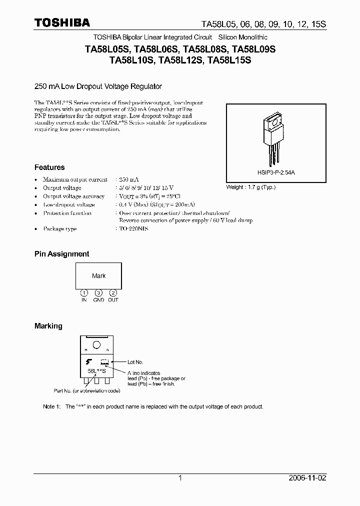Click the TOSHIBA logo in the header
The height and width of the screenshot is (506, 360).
point(62,22)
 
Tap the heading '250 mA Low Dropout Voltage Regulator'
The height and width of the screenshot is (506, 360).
point(98,86)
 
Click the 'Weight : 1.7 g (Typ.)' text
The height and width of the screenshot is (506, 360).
point(251,187)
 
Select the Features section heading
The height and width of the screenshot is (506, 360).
point(49,167)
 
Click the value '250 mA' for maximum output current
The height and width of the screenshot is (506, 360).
point(129,179)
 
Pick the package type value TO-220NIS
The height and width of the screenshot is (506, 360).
point(133,228)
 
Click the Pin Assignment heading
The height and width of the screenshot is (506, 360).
point(62,254)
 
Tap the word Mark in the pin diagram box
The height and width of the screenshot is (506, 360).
point(99,276)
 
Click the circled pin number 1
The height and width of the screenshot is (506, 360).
point(84,292)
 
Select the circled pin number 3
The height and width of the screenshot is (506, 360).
point(99,292)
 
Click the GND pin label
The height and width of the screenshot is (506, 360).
point(99,300)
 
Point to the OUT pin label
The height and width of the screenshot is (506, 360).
point(113,300)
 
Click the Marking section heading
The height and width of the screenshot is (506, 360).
point(48,326)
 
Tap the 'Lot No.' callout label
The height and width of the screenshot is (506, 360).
point(135,362)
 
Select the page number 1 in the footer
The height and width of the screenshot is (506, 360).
point(180,478)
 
